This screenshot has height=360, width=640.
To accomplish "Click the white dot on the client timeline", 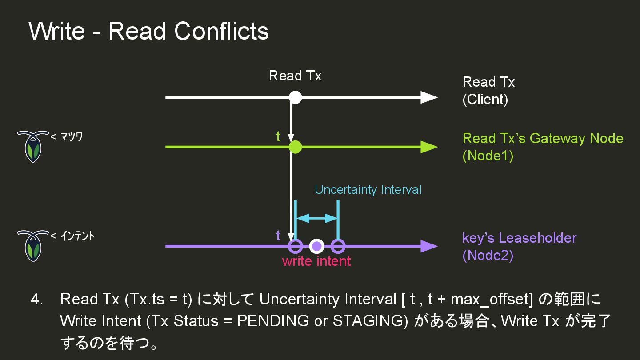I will point(295,97).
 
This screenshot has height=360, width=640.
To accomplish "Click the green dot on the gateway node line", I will point(295,147).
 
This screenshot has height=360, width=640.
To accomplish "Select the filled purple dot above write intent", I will point(316,246).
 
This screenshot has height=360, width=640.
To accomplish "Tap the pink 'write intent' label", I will point(316,261).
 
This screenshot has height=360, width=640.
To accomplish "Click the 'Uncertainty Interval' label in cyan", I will point(368,190).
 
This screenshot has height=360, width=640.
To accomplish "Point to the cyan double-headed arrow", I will point(317,218).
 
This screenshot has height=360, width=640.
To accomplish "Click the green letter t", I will point(278,137).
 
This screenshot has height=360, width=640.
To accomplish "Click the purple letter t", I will point(278,236).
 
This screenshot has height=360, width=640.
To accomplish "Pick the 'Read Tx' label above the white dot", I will point(295,76).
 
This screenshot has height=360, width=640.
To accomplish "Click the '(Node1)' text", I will point(488,156).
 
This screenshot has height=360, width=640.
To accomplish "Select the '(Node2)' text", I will point(488,256).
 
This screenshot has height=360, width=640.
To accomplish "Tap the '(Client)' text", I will point(485,100).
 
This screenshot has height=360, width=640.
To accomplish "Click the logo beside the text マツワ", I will point(32,146).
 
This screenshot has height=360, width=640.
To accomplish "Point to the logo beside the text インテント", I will point(32,245).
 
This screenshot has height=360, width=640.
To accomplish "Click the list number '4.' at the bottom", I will point(37,300).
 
